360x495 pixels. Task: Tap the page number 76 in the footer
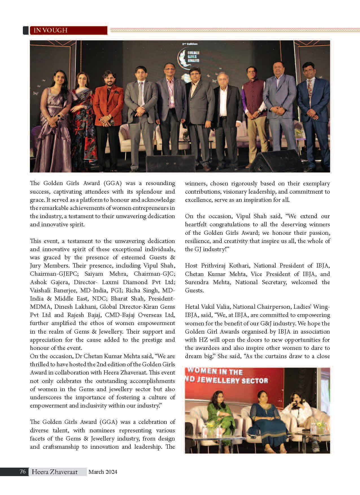23,472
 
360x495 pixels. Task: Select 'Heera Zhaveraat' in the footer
54,472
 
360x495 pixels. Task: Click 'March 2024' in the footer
103,472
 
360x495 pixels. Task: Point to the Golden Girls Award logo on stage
186,56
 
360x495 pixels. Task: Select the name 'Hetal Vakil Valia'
207,307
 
